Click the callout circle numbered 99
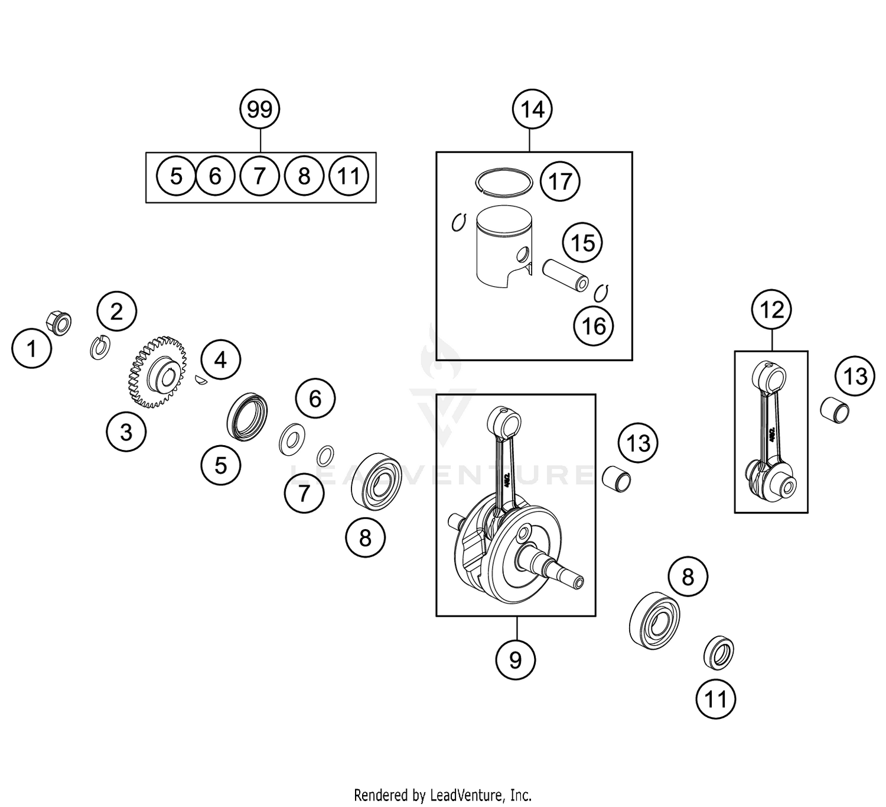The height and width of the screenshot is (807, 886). coord(260,109)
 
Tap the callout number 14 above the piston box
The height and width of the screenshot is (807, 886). coord(532,109)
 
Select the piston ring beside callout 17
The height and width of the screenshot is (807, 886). coord(504,179)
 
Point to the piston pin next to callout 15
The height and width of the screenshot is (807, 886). coord(566,275)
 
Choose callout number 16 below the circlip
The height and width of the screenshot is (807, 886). coord(594,326)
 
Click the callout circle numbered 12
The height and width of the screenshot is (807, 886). coord(771,309)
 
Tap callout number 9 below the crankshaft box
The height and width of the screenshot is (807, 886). coord(516,659)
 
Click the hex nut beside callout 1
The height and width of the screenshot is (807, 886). coord(58,323)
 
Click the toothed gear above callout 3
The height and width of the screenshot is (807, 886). coord(157,372)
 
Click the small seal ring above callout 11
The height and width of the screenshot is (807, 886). coord(719,653)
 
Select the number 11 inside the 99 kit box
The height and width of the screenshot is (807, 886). coord(348,176)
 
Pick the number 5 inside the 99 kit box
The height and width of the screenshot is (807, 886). coord(176,176)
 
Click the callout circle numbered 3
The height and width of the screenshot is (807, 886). coord(126,432)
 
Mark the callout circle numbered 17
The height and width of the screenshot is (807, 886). coord(560,182)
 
